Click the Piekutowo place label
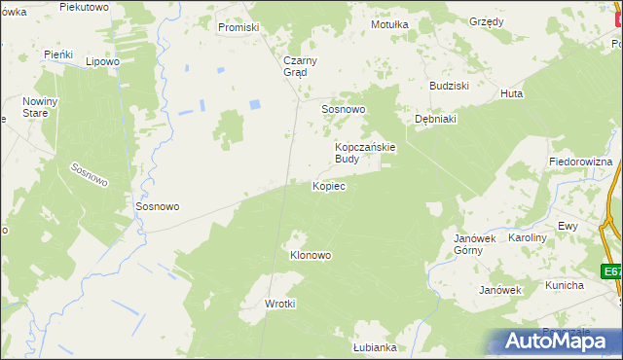pos(83,7)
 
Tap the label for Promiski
pos(238,27)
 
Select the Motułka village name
pos(388,24)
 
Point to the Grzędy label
pos(486,20)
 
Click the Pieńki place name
pos(59,54)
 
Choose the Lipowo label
pos(102,61)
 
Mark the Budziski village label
pos(450,85)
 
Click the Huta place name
pos(511,93)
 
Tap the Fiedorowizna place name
pos(580,161)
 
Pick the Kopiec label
pos(328,185)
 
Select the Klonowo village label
pos(311,255)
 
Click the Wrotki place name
pos(280,304)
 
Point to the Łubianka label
pos(375,347)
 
